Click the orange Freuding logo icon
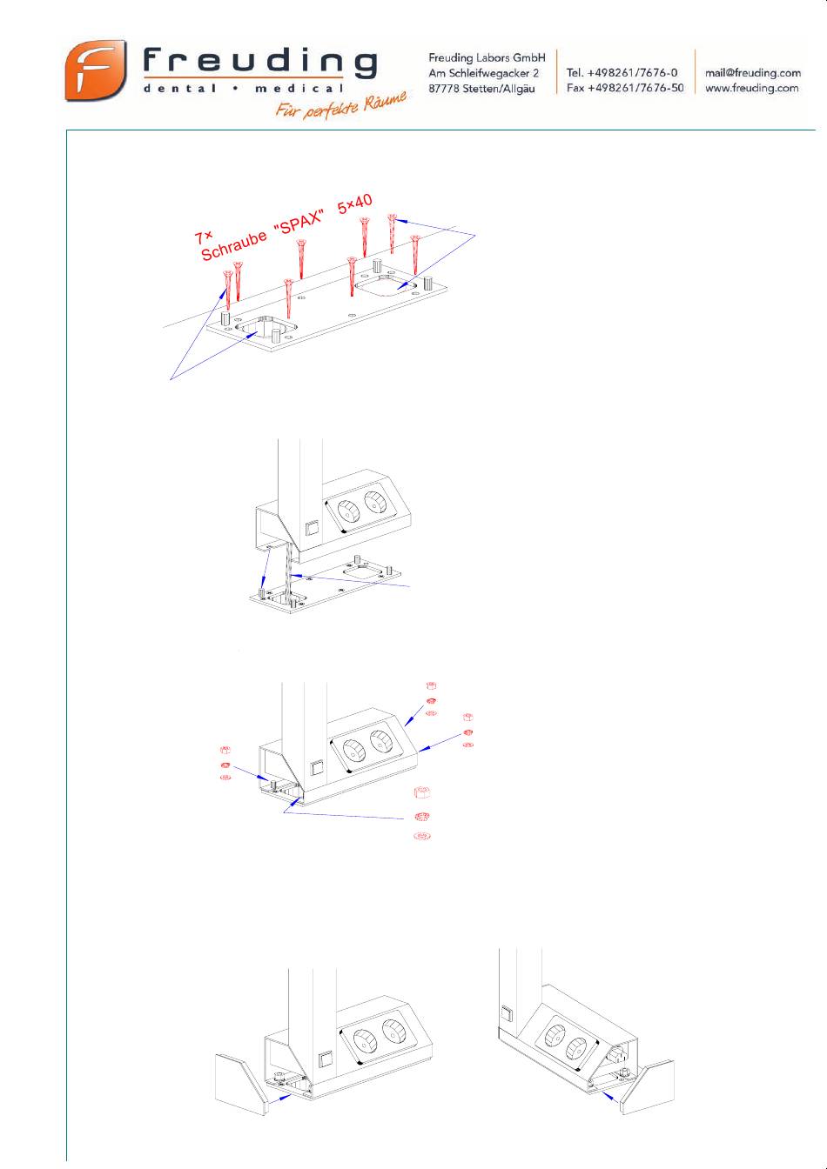(x=96, y=70)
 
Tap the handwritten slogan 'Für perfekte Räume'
(x=341, y=105)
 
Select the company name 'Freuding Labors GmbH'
(x=487, y=58)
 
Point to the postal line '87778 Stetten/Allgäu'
(x=481, y=89)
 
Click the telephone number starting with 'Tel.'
(x=622, y=72)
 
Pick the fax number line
(x=625, y=88)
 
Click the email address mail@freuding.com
(x=753, y=73)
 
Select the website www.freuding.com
(x=752, y=88)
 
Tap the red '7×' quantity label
(x=203, y=237)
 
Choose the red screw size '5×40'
(x=354, y=204)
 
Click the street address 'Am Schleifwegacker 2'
(x=483, y=73)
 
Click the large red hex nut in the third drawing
(x=421, y=792)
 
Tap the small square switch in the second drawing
(x=313, y=528)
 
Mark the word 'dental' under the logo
(x=179, y=88)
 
